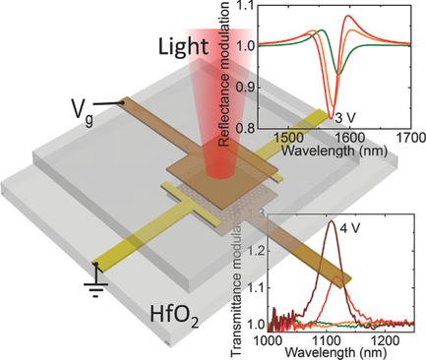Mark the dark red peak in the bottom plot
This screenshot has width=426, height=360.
pyautogui.click(x=332, y=224)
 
